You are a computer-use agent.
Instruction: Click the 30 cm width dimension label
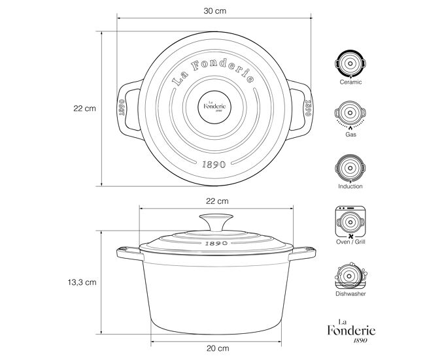tap(214, 11)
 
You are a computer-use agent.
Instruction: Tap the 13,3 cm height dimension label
tap(82, 282)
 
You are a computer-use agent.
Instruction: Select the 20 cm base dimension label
tap(218, 348)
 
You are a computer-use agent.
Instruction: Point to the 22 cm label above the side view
tap(217, 201)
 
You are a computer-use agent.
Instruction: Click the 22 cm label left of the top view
tap(84, 108)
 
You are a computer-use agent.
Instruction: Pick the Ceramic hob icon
tap(350, 64)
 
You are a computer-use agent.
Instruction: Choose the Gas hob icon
tap(350, 115)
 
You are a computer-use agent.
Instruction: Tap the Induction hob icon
tap(350, 169)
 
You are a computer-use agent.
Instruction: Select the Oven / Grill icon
tap(350, 222)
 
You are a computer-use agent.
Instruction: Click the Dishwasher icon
tap(350, 276)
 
